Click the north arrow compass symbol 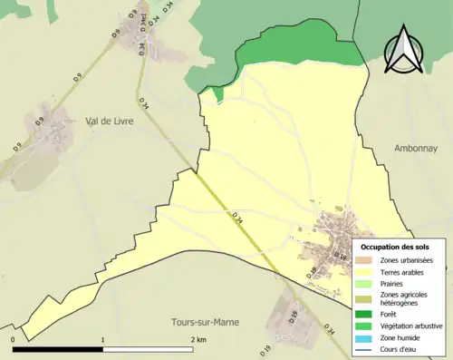401,50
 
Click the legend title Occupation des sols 395,247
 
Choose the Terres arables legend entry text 404,272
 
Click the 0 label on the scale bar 14,339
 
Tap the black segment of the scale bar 58,348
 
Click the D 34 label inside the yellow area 237,217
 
